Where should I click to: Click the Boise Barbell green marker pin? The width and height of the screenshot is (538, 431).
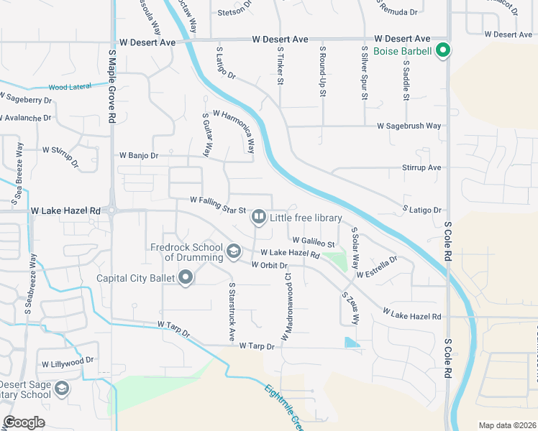click(444, 51)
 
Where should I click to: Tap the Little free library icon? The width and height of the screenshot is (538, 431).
click(257, 215)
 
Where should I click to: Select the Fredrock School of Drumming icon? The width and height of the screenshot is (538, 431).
click(233, 251)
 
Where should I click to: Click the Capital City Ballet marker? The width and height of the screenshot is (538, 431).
click(186, 277)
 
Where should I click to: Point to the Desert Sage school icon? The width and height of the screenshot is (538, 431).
click(62, 389)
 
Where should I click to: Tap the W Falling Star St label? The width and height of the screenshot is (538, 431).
click(218, 205)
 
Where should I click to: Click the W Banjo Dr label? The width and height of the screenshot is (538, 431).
click(138, 155)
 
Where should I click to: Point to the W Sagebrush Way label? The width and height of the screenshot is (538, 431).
click(409, 126)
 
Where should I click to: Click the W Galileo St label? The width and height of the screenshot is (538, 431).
click(314, 241)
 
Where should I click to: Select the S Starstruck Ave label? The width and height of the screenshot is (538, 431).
click(232, 311)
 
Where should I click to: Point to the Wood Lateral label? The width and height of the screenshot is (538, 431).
click(70, 87)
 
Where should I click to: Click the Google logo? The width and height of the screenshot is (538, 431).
click(24, 422)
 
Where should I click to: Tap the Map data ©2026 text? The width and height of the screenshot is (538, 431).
click(506, 425)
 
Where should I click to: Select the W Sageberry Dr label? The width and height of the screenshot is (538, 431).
click(26, 98)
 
